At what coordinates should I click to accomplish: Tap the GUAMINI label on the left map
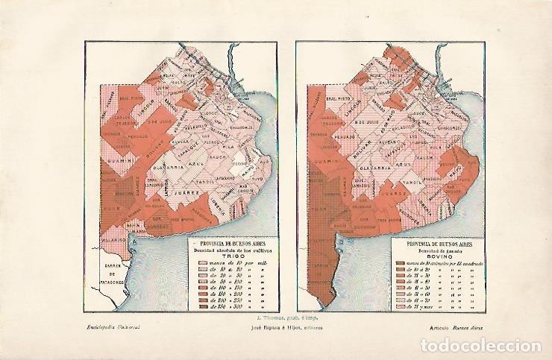click(x=119, y=159)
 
